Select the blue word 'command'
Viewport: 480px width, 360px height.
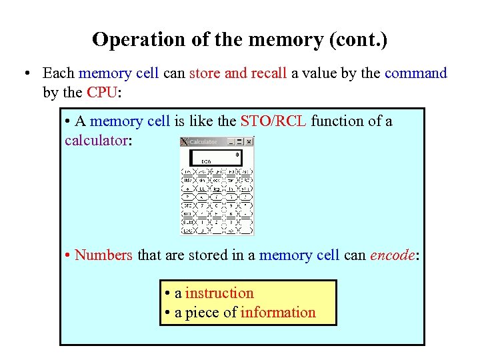point(415,73)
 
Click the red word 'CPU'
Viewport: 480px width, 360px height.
point(101,92)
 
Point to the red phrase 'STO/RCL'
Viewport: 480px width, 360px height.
point(273,121)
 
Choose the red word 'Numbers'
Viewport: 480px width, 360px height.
point(103,255)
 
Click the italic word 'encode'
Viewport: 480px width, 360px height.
point(392,255)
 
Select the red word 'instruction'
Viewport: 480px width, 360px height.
point(219,293)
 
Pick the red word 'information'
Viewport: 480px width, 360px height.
point(278,313)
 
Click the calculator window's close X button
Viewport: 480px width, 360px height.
point(249,141)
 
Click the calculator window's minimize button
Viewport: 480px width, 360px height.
point(231,141)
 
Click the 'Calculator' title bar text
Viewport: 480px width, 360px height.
point(203,141)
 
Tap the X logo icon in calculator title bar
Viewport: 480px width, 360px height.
point(185,141)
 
